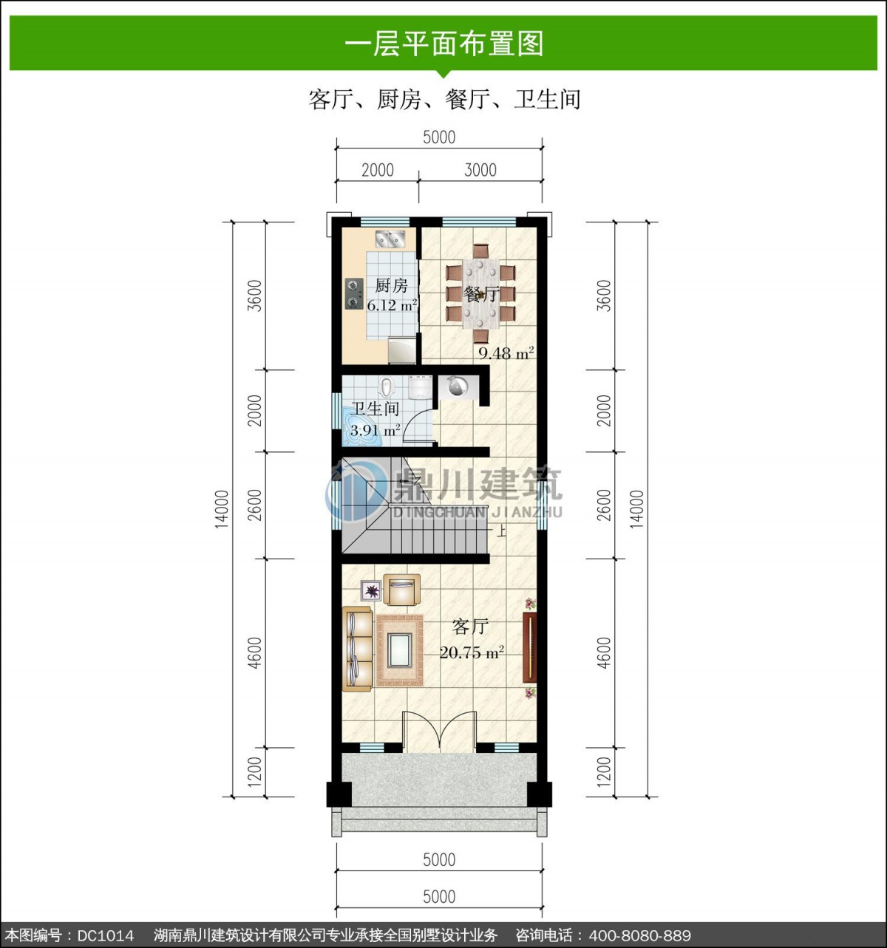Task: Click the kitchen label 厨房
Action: [x=391, y=285]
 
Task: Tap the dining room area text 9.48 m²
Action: [x=506, y=352]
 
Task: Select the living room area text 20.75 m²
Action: [x=472, y=652]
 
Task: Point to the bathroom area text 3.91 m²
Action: [x=375, y=430]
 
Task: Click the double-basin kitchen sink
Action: [x=390, y=239]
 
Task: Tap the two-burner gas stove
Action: [x=353, y=293]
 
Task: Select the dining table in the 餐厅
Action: [x=480, y=293]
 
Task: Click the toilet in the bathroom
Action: [x=386, y=386]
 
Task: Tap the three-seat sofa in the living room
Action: [x=357, y=649]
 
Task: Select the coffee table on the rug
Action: [x=399, y=649]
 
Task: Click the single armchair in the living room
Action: [x=402, y=590]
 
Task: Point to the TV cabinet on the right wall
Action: [x=530, y=648]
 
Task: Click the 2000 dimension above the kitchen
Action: [x=378, y=170]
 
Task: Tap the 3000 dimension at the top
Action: [x=480, y=170]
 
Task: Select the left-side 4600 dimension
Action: [x=256, y=652]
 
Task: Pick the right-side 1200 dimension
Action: [x=604, y=772]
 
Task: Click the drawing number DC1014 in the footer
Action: [x=106, y=935]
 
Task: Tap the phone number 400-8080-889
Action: [x=639, y=935]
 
